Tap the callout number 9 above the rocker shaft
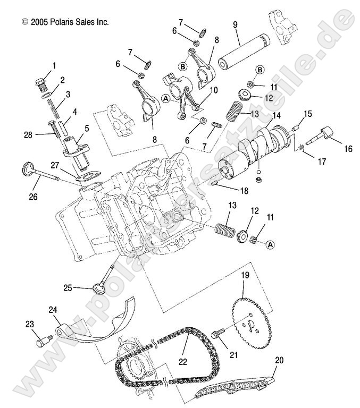(x=235, y=25)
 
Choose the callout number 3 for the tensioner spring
(x=68, y=95)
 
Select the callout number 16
(x=348, y=149)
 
